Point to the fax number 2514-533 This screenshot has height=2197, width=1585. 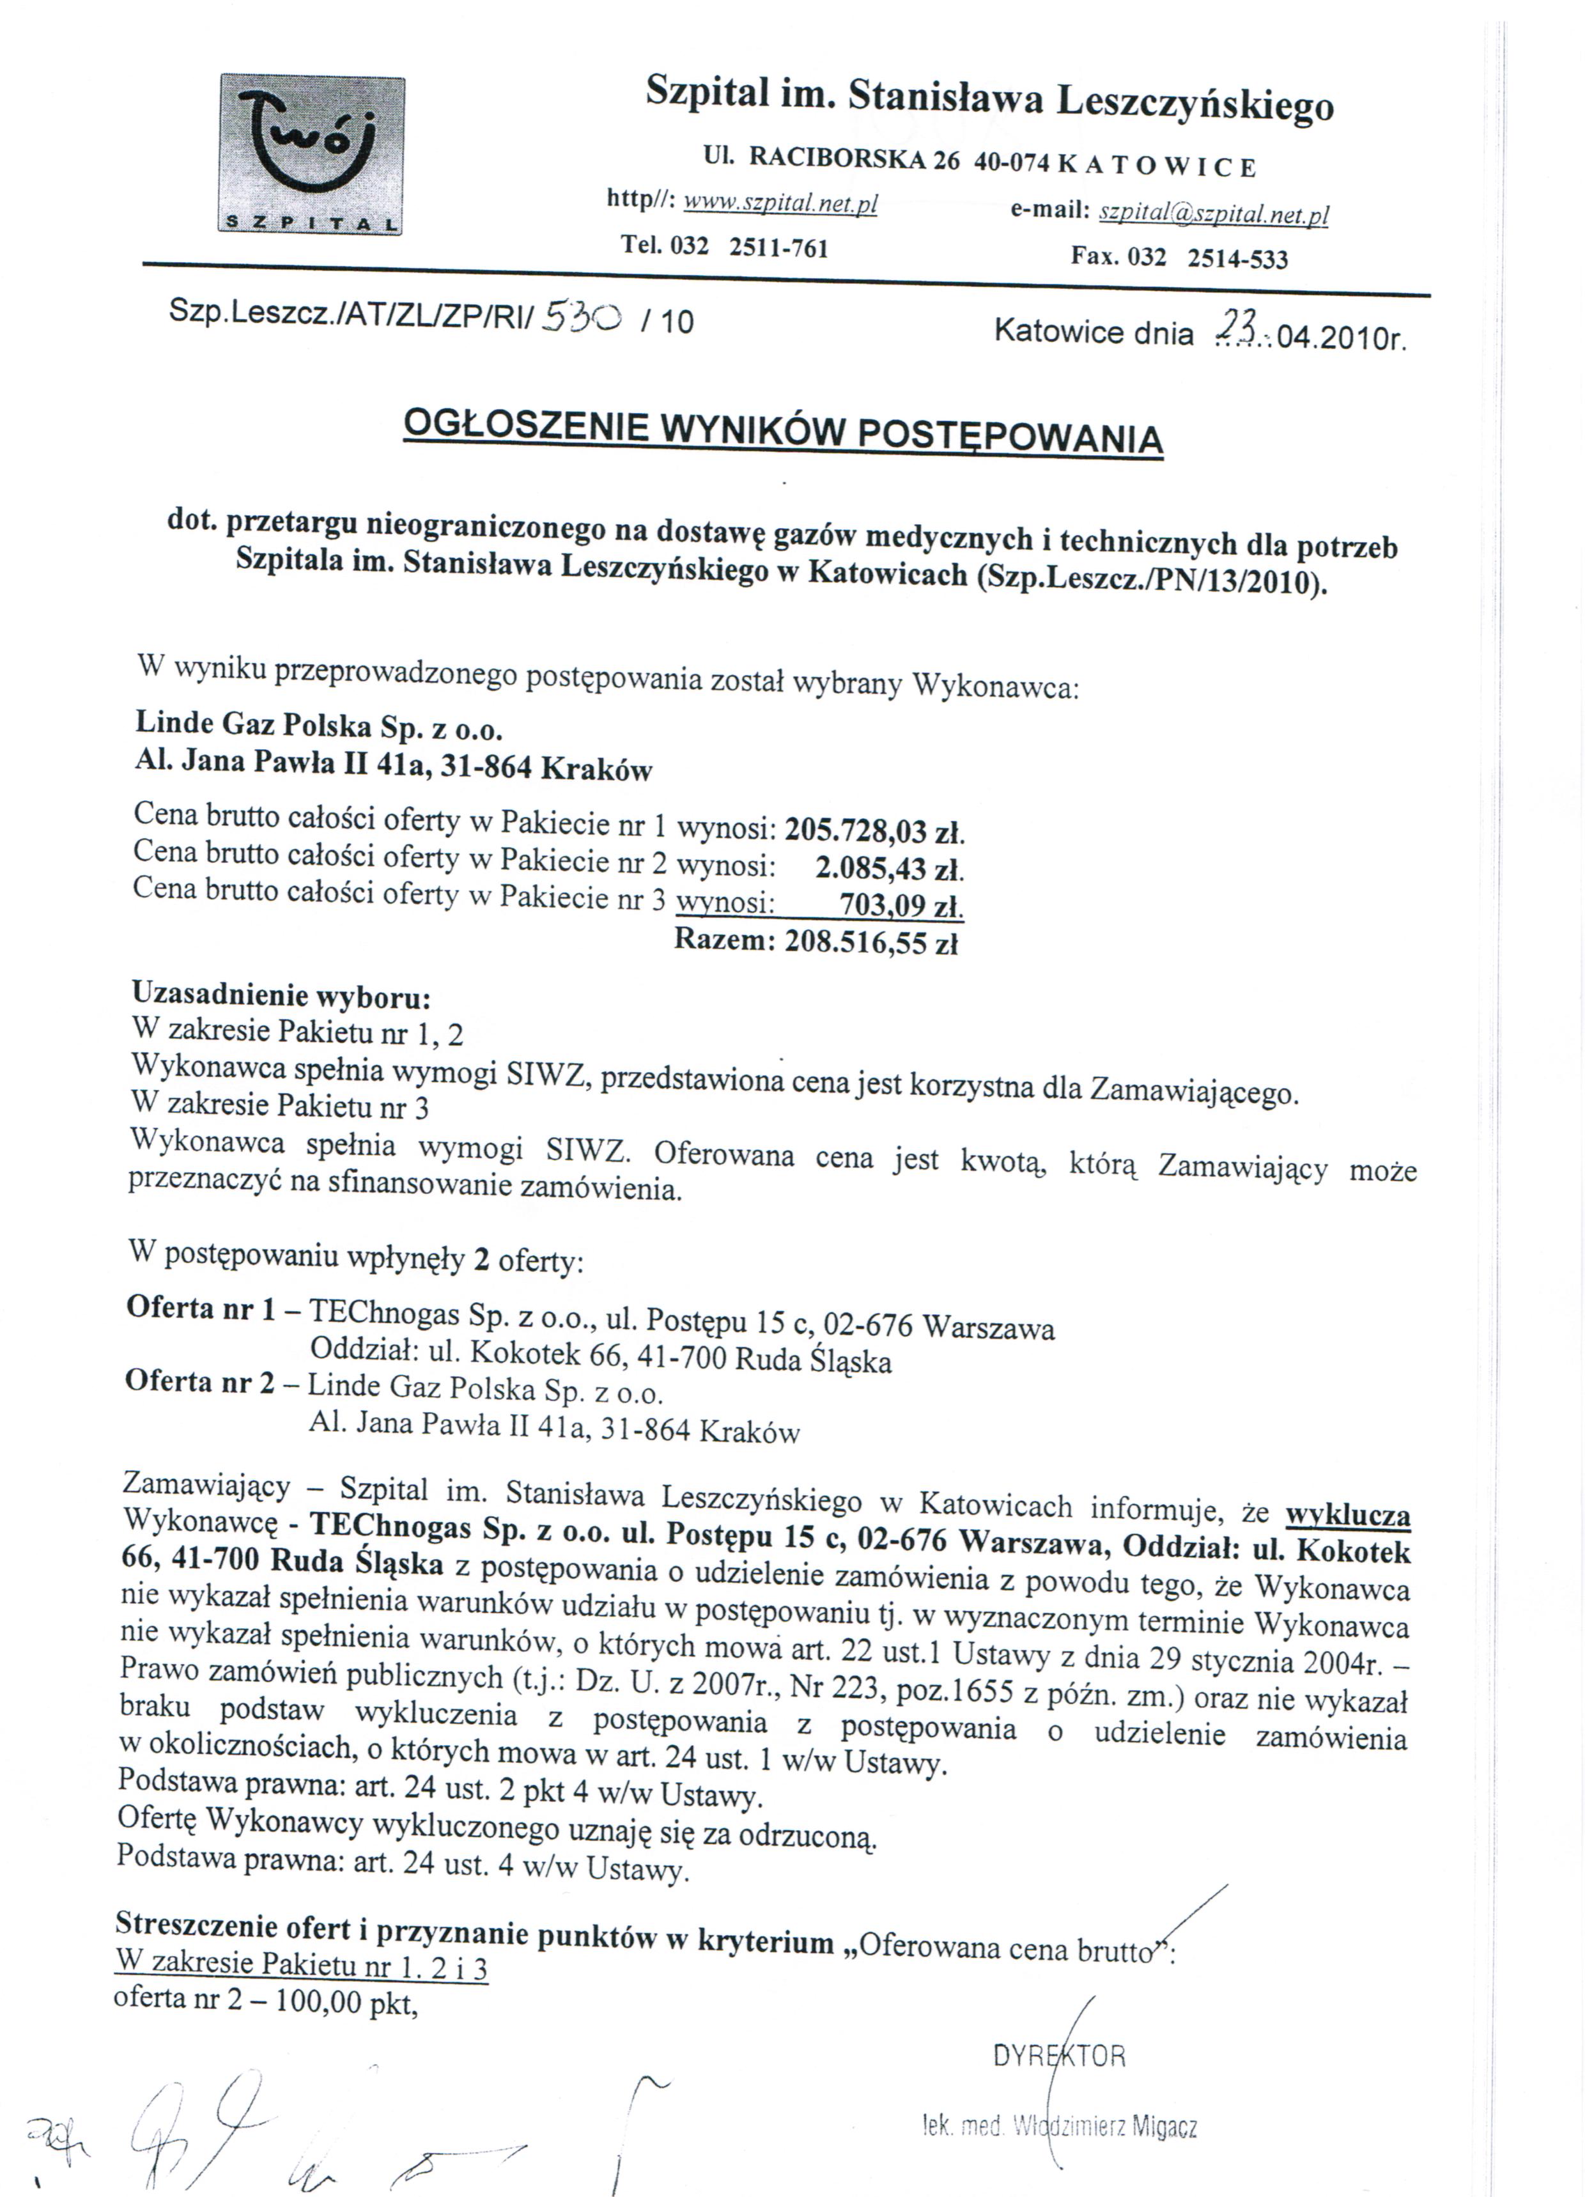pos(1237,259)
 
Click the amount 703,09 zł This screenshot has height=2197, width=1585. pos(901,906)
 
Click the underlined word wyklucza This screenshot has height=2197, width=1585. pos(1347,1515)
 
